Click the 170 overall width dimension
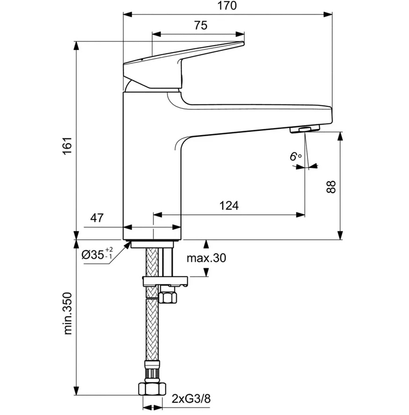point(227,6)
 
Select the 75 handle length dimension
point(200,26)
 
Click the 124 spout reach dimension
point(229,205)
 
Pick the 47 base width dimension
point(96,217)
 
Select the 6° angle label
point(295,157)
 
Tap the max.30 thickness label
point(206,258)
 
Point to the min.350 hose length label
point(68,314)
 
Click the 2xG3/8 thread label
point(191,399)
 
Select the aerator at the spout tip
point(304,129)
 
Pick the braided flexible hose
point(152,328)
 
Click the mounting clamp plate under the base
point(164,281)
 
